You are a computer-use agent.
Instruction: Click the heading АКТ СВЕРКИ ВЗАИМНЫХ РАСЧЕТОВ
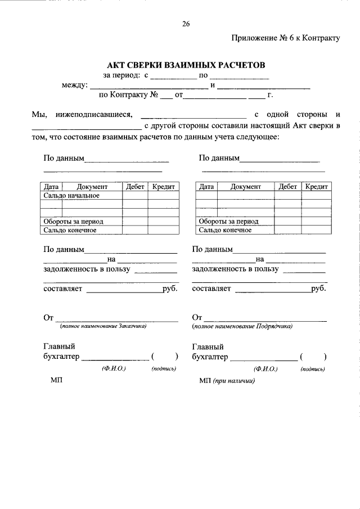[186, 66]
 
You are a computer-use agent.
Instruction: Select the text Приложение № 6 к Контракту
[285, 38]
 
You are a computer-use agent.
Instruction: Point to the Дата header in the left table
[51, 187]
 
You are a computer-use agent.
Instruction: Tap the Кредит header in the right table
[316, 187]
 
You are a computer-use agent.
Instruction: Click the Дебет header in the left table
[135, 187]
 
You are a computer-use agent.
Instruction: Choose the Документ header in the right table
[245, 187]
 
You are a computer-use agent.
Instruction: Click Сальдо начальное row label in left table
[71, 196]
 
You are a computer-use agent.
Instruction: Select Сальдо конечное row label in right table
[225, 230]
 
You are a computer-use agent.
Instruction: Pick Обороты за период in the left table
[74, 222]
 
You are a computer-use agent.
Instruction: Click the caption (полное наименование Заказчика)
[103, 326]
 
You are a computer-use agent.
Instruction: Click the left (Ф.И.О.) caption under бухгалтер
[113, 369]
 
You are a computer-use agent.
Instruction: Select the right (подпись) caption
[312, 369]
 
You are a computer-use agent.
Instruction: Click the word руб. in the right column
[318, 289]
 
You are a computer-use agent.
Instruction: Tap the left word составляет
[63, 289]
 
